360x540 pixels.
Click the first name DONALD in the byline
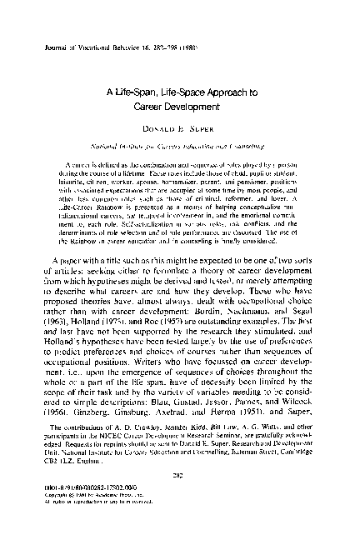pos(161,134)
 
